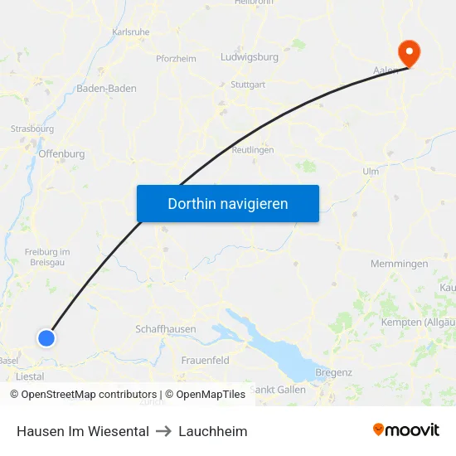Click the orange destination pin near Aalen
click(x=409, y=51)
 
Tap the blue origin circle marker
click(x=46, y=337)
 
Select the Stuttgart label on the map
click(x=249, y=85)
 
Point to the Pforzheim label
click(x=176, y=59)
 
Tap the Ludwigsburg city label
click(x=249, y=58)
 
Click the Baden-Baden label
click(x=107, y=88)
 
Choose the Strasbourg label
click(x=32, y=129)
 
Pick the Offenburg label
click(x=61, y=153)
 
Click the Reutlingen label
click(x=253, y=150)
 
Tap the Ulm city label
click(x=371, y=172)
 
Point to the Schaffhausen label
click(x=166, y=329)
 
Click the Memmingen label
click(x=400, y=264)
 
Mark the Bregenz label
click(x=334, y=372)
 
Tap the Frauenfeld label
click(x=206, y=361)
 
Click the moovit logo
click(x=405, y=429)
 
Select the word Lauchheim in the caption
click(x=213, y=431)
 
